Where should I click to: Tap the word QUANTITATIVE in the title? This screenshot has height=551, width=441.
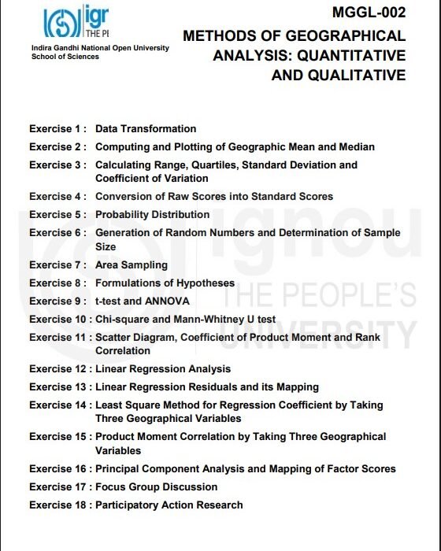click(x=358, y=56)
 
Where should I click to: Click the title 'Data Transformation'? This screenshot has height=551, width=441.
click(x=146, y=128)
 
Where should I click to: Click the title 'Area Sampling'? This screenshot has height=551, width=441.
click(x=132, y=264)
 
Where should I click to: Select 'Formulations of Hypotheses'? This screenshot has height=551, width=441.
click(x=165, y=283)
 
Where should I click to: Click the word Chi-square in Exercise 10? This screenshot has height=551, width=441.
click(x=122, y=319)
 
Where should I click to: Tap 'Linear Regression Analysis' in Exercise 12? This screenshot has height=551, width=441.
click(x=163, y=368)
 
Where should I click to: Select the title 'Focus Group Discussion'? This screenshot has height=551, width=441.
click(x=156, y=486)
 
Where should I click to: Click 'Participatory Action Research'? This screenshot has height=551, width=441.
click(x=169, y=505)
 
